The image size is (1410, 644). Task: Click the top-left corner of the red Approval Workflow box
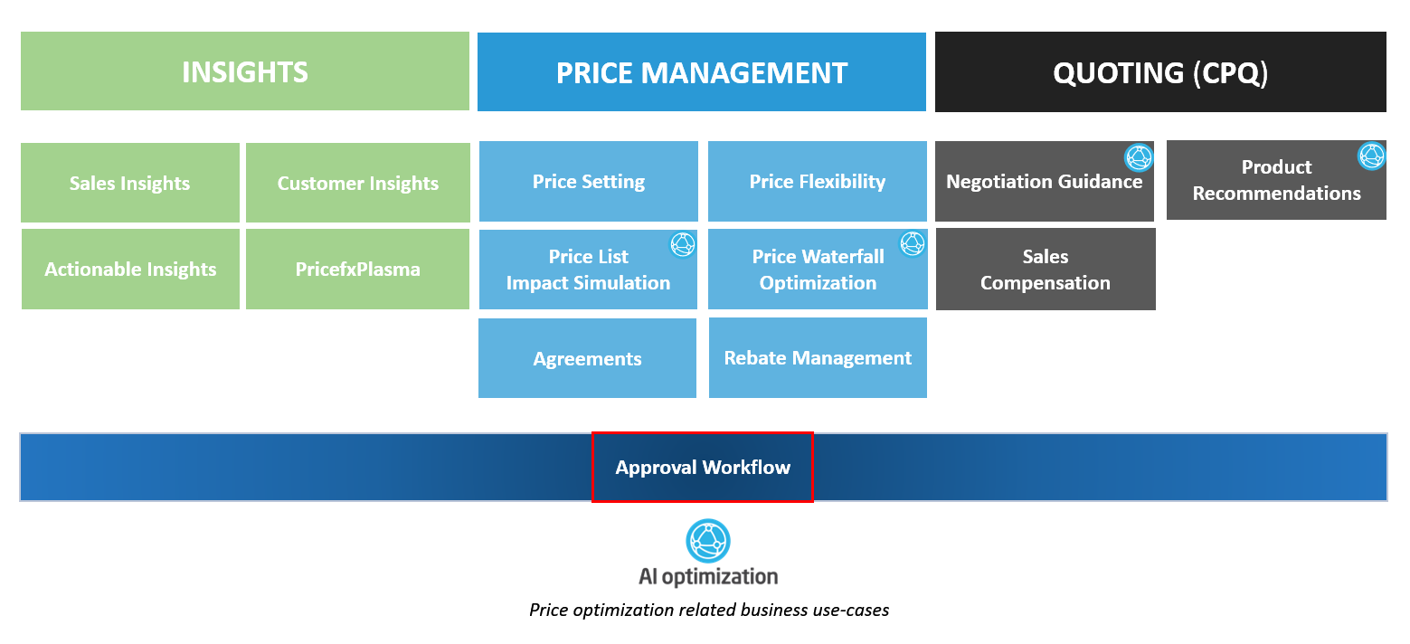coord(592,432)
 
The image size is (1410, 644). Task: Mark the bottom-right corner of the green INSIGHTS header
coord(469,110)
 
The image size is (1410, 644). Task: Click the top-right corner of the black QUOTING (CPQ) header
coord(1386,32)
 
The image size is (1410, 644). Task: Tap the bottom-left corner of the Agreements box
coord(478,397)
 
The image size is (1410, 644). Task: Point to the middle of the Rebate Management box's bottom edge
coord(818,397)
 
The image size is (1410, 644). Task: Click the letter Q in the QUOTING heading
coord(1065,73)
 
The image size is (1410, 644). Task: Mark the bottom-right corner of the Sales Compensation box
coord(1155,309)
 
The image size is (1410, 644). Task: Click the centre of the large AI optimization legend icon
coord(708,541)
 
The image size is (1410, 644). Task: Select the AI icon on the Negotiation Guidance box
coord(1139,157)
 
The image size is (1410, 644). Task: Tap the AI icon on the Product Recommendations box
coord(1372,156)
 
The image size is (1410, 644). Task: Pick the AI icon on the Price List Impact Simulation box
coord(682,244)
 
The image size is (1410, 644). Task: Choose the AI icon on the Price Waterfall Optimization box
coord(912,243)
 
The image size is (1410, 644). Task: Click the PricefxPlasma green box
coord(357,269)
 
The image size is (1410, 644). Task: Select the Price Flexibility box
coord(817,181)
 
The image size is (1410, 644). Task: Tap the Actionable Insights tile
coord(130,269)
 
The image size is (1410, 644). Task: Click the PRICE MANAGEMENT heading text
coord(702,73)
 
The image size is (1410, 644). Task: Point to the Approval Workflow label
coord(703,467)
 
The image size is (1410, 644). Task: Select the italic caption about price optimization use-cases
coord(709,610)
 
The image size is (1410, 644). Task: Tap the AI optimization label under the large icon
coord(708,576)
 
